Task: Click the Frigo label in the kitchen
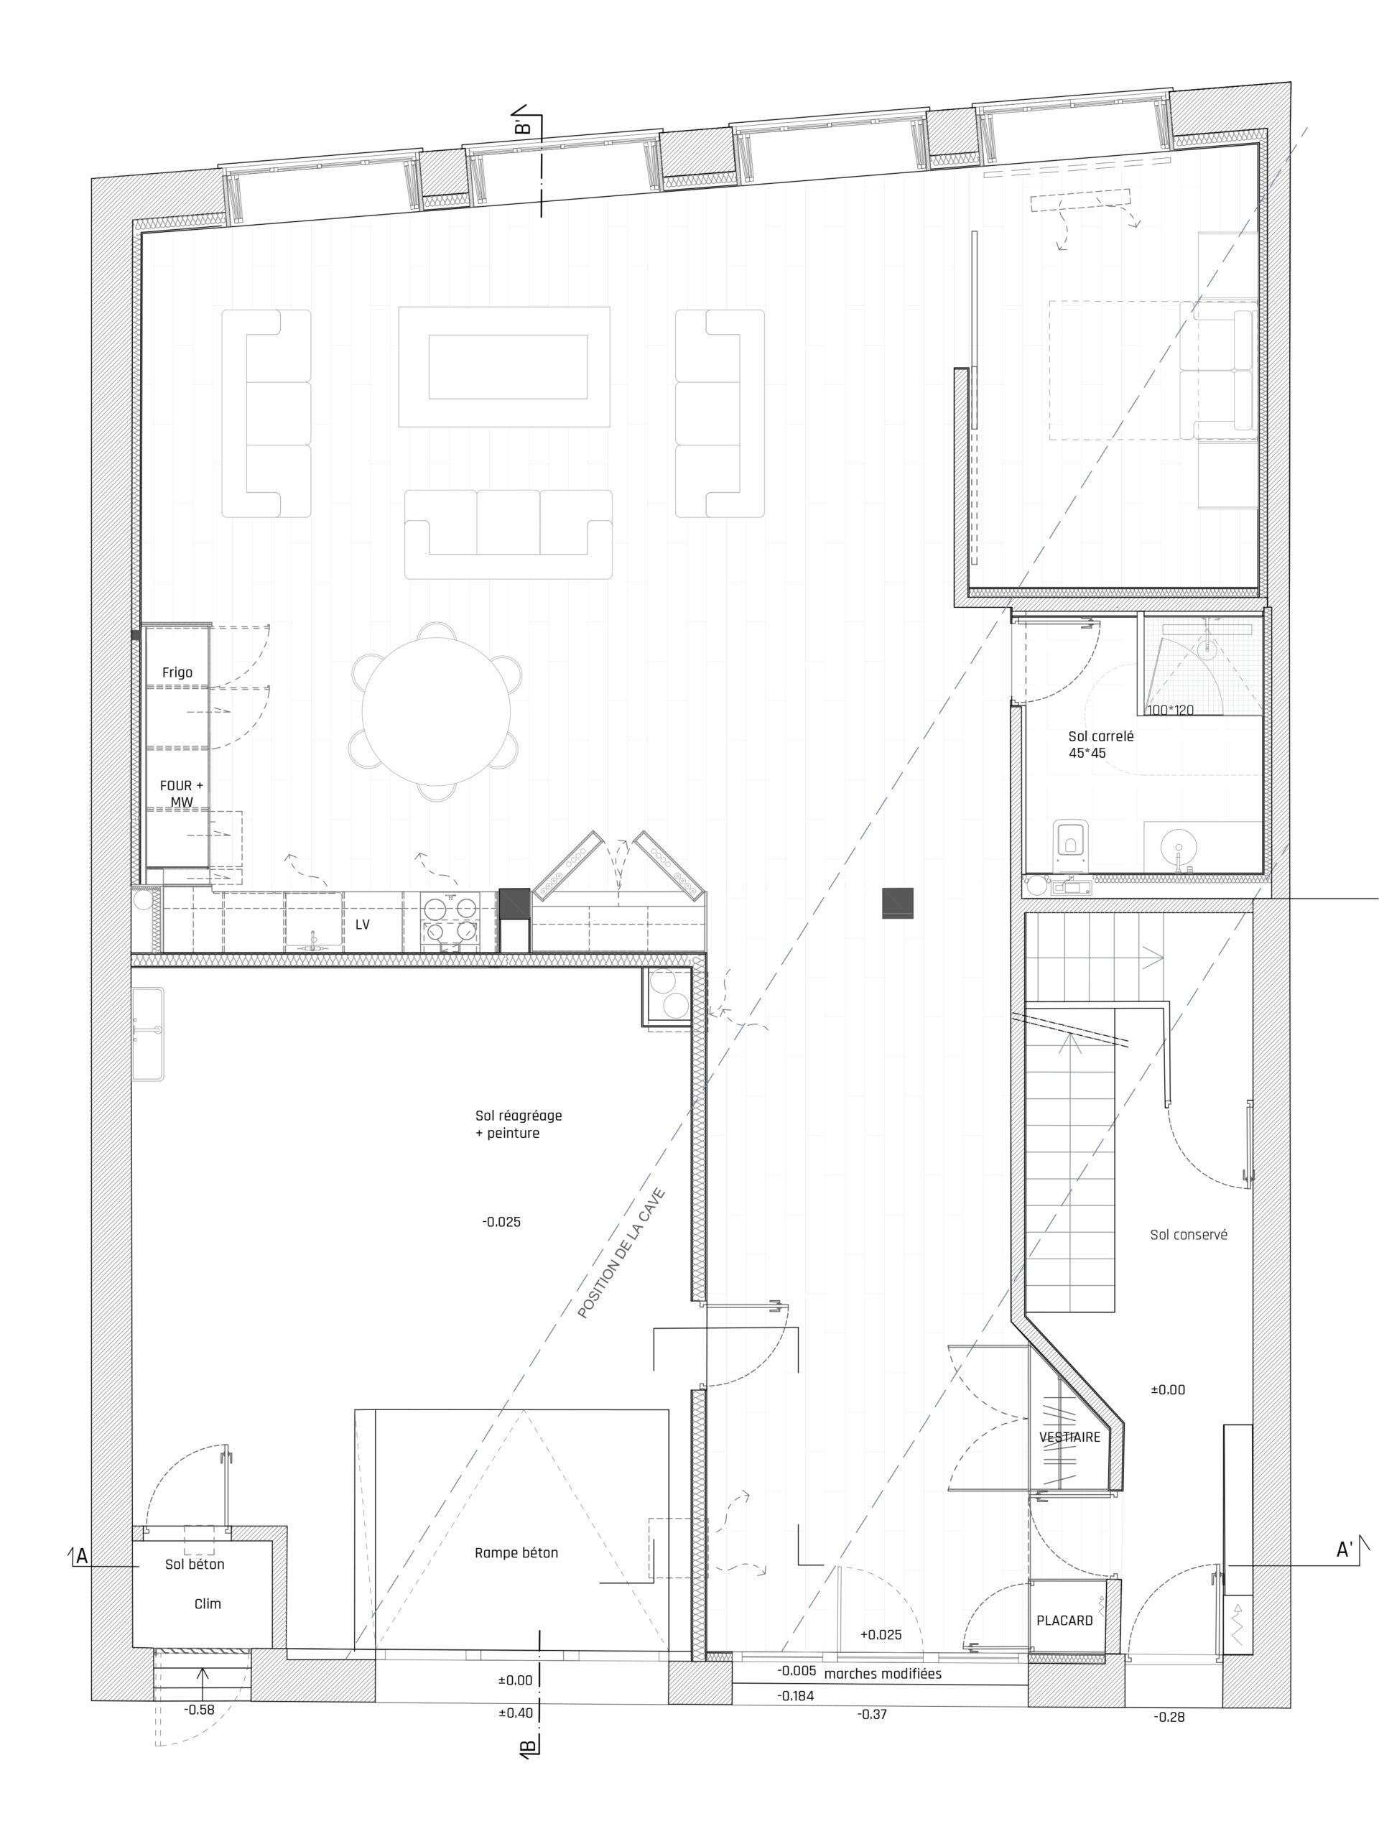click(x=177, y=672)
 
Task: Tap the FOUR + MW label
click(x=181, y=793)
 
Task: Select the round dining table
click(x=435, y=711)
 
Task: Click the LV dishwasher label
click(x=363, y=924)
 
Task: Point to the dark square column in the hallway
click(x=898, y=903)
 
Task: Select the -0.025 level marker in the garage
click(x=501, y=1222)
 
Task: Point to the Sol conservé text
click(x=1189, y=1235)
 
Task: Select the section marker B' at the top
click(x=522, y=127)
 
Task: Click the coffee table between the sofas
click(x=503, y=366)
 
